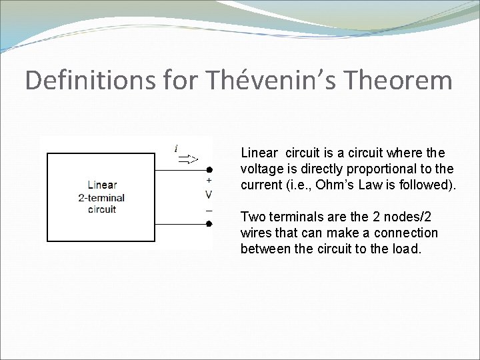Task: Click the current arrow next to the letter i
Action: [187, 159]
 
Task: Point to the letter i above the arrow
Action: [175, 147]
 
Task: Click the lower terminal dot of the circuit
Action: [209, 224]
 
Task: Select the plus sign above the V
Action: [209, 181]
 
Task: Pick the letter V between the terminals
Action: [209, 195]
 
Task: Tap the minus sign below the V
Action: [209, 210]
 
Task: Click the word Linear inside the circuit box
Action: [101, 185]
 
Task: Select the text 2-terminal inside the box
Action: [101, 197]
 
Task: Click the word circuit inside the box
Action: [101, 209]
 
